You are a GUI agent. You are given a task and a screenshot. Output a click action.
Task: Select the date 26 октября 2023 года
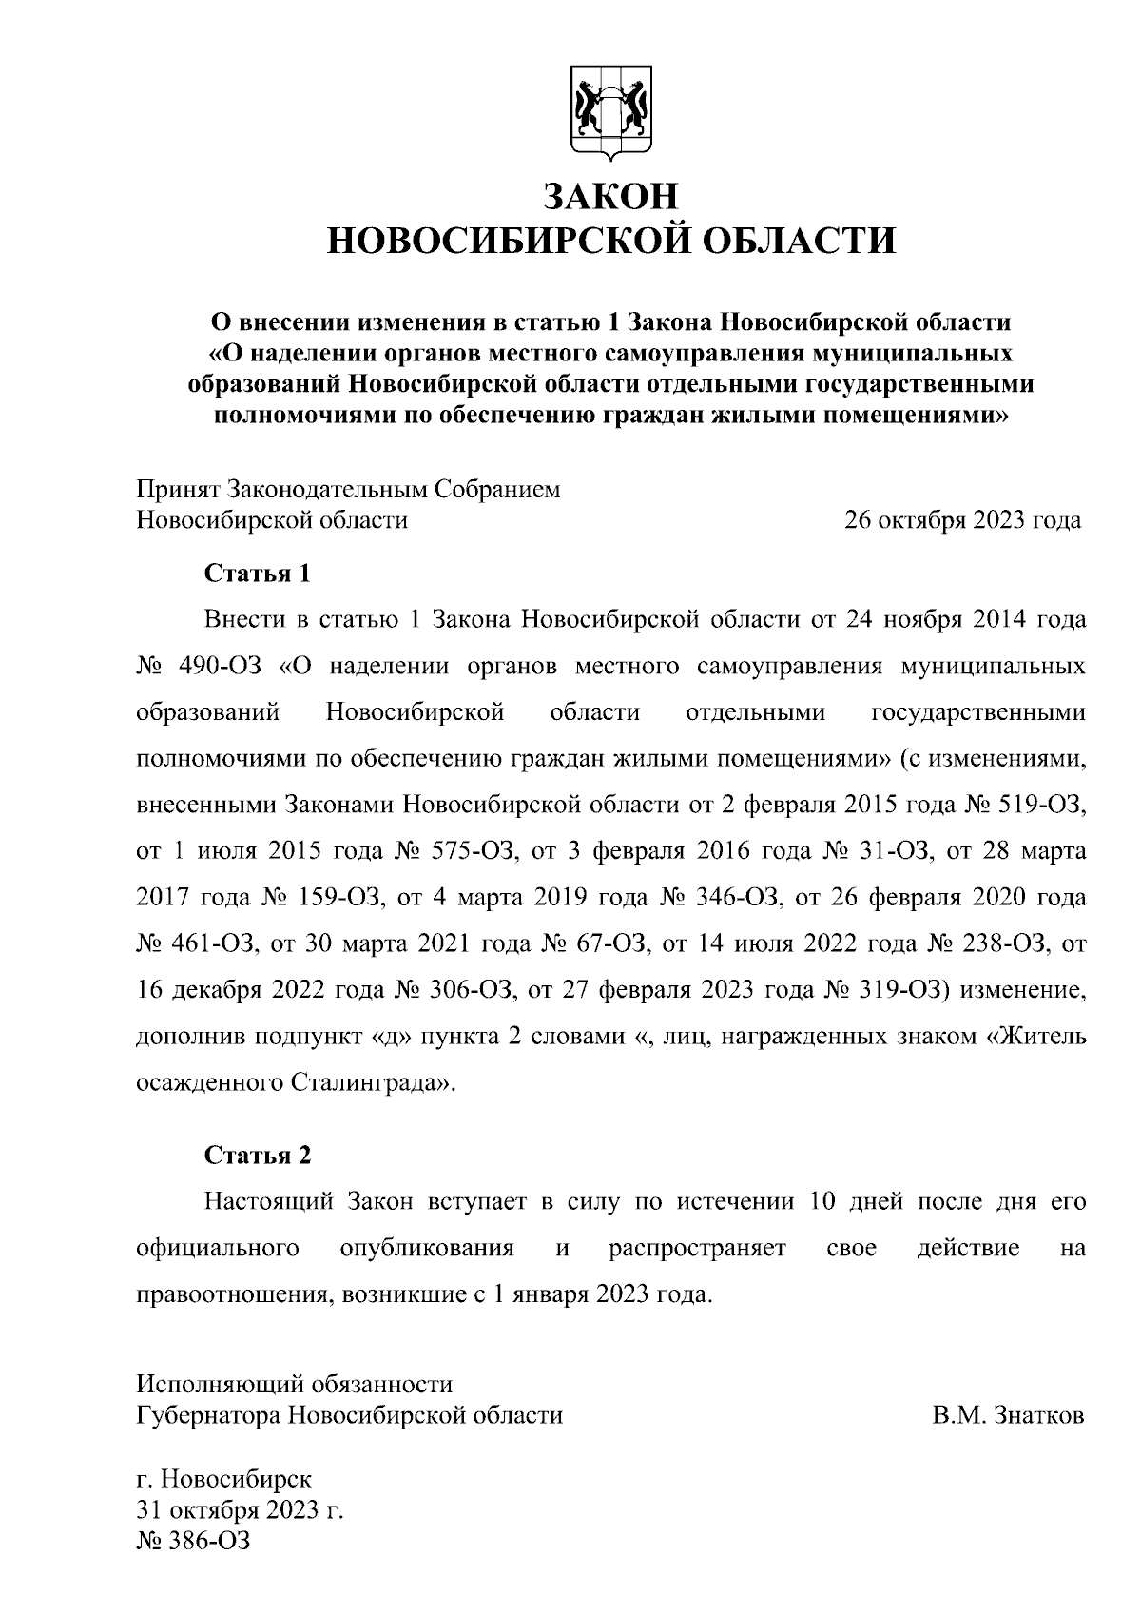point(963,521)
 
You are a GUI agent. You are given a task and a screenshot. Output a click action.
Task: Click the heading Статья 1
point(258,574)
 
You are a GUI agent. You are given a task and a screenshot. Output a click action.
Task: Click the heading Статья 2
point(258,1155)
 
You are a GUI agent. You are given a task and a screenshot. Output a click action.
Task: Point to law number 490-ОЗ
point(219,666)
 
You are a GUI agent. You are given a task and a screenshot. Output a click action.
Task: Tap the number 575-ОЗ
point(475,850)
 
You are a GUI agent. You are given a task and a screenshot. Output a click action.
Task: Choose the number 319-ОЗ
point(905,990)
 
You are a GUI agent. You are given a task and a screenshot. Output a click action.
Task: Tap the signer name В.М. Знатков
point(1008,1416)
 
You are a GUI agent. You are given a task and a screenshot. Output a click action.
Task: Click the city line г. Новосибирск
point(224,1481)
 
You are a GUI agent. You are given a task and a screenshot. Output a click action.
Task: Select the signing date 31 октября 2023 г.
point(241,1511)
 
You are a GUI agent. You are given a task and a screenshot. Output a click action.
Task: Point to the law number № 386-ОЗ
point(194,1541)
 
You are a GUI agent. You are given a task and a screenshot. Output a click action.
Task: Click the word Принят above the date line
point(178,490)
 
